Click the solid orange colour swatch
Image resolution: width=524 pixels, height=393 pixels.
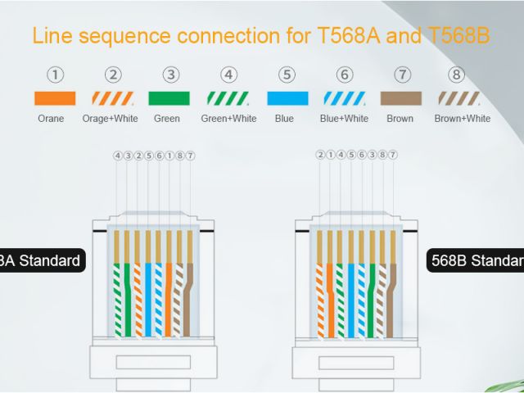pos(55,98)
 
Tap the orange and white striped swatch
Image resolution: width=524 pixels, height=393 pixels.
pos(113,98)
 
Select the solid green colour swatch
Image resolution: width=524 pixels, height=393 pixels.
pos(169,98)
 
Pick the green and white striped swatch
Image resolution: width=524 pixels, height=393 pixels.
pos(228,98)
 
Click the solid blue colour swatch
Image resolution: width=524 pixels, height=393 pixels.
pos(287,98)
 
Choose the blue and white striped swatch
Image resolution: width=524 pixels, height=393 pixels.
pos(345,98)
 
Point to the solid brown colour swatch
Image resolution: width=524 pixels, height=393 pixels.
pos(401,98)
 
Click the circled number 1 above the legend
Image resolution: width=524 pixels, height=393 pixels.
pos(55,75)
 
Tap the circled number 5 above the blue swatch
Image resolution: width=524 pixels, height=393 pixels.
pos(287,75)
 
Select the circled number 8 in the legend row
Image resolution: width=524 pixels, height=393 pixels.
pos(458,75)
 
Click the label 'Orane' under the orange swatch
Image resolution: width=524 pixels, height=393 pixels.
pos(51,119)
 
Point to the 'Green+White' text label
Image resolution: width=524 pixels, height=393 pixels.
pos(228,119)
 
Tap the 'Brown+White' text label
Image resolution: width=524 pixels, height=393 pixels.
pos(463,119)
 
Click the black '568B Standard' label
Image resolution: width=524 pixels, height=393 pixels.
pos(477,261)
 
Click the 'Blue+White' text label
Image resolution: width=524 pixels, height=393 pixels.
pos(345,119)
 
